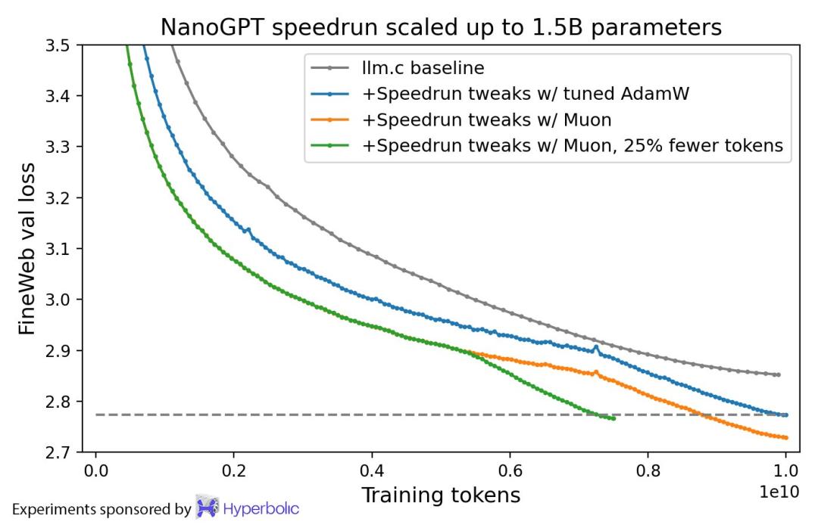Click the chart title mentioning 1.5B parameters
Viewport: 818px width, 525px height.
point(442,27)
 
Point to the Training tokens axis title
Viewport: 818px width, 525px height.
point(441,495)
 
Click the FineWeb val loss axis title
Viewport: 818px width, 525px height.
point(27,247)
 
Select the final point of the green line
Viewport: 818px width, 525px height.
point(613,418)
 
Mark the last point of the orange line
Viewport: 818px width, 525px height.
point(785,437)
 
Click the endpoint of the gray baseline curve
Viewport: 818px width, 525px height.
point(778,374)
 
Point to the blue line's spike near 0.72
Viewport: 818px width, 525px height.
point(596,347)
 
